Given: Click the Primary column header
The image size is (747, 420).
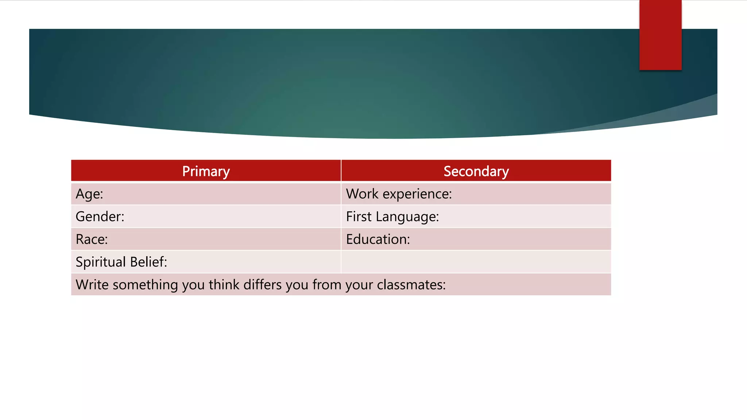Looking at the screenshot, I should point(206,171).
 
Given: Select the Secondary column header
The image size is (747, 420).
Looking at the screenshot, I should point(476,171).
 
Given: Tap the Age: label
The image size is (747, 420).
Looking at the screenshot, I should point(89,194).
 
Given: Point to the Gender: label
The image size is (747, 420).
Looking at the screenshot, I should point(100,217).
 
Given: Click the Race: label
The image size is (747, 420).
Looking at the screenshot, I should point(92,239).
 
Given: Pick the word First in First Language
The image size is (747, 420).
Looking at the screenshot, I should point(359,217).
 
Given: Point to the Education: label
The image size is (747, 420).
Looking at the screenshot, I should point(378,239).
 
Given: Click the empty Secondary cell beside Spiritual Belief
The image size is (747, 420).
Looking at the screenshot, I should point(476,262).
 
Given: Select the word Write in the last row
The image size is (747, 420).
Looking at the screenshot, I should point(92,285).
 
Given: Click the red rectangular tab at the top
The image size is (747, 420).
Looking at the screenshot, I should point(660,35).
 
